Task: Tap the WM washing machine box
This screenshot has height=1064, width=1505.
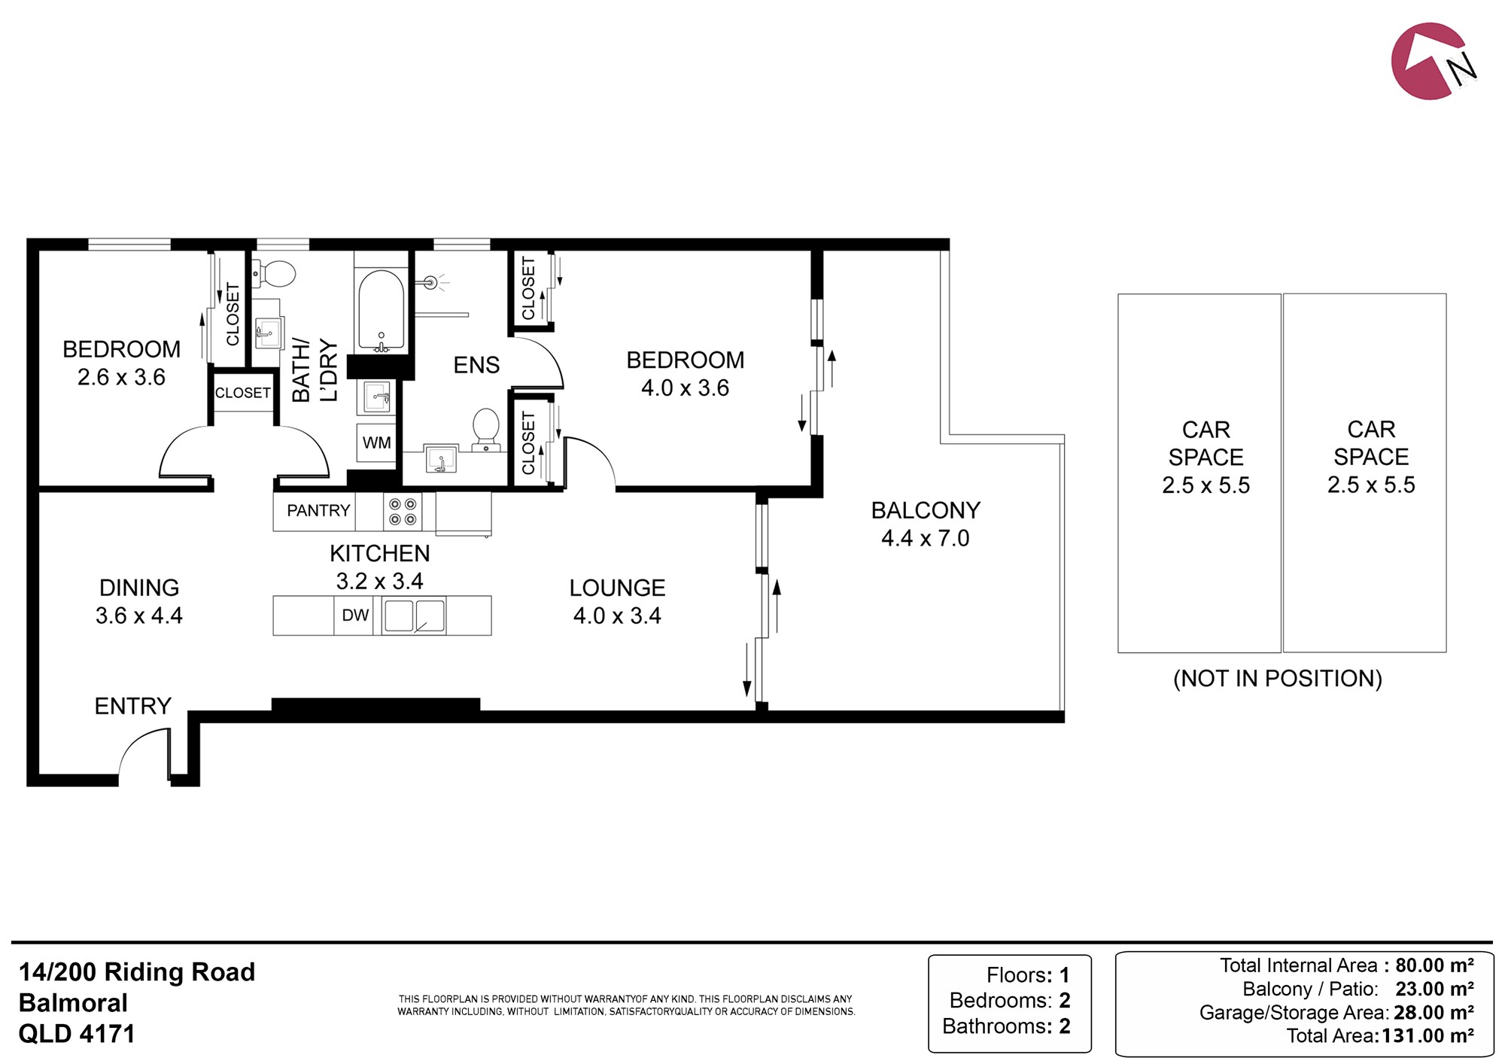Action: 376,443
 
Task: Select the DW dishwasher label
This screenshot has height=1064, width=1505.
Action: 355,616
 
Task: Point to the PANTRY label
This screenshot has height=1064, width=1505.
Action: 318,511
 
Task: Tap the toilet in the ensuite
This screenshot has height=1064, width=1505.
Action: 486,430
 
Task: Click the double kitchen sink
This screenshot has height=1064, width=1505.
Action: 414,616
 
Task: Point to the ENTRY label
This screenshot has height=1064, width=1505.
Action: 133,706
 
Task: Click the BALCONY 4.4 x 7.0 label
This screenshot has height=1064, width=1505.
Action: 926,524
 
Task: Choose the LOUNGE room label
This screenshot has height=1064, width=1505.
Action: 617,588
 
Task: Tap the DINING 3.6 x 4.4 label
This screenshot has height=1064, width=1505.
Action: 139,601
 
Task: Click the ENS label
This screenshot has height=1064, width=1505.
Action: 476,365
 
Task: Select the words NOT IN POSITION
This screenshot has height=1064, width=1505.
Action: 1278,679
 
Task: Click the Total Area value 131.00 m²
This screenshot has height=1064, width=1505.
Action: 1427,1036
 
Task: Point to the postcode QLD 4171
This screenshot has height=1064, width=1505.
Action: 77,1034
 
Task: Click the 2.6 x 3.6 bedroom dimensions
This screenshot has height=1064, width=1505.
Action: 121,377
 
